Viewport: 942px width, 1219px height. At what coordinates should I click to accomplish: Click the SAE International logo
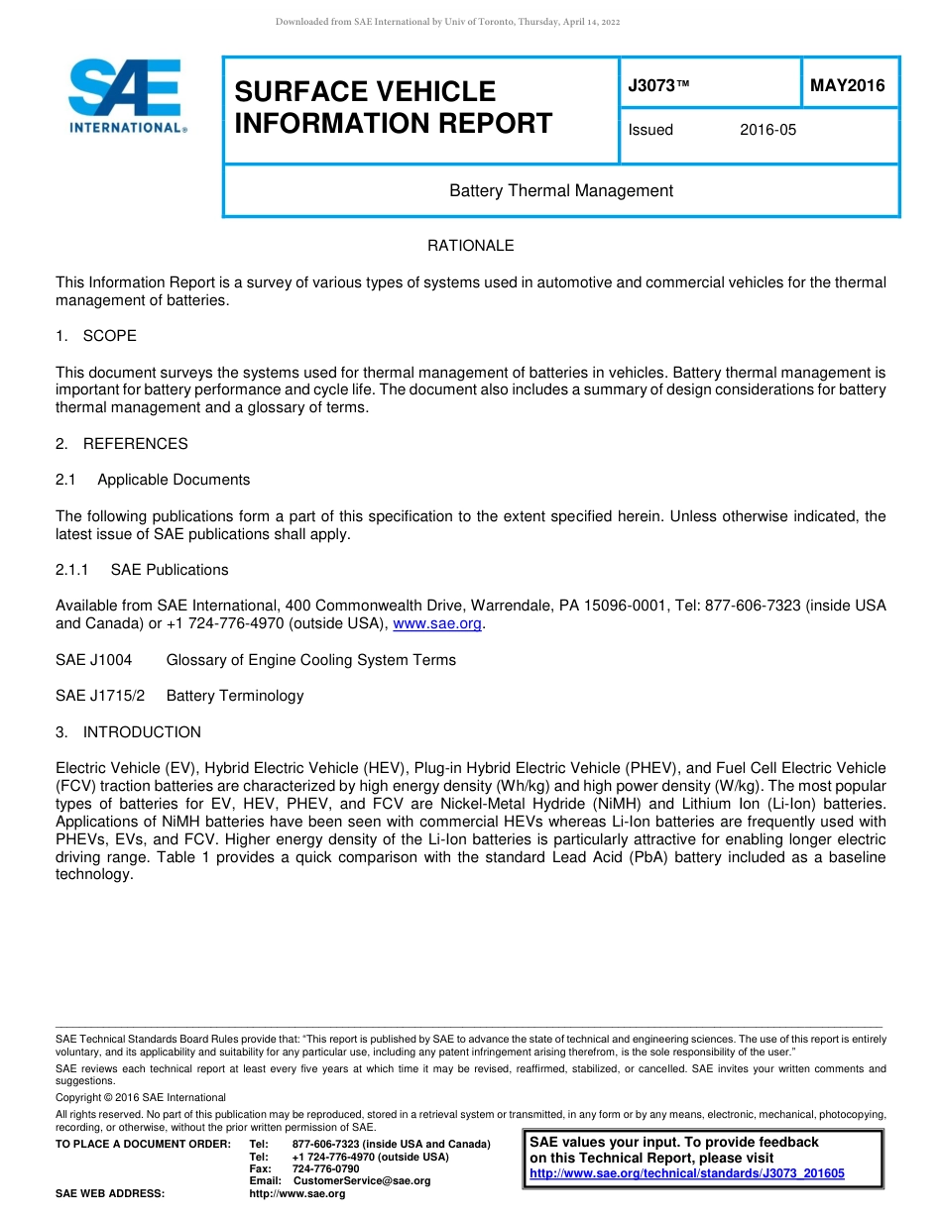tap(125, 96)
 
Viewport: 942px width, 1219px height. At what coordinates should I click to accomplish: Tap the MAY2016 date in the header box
tap(847, 86)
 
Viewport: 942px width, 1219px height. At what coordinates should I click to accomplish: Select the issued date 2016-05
tap(767, 130)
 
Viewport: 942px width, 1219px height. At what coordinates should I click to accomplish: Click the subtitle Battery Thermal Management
tap(561, 190)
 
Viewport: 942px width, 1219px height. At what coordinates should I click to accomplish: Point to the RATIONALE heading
tap(470, 246)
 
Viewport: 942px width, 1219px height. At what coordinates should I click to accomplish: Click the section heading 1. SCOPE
tap(96, 336)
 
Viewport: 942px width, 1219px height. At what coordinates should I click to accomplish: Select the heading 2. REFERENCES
tap(121, 444)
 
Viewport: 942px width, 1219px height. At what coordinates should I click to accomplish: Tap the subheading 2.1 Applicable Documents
tap(153, 480)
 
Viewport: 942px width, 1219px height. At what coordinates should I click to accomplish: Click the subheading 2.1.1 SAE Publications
tap(142, 570)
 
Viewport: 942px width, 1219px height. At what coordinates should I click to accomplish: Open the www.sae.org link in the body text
tap(437, 624)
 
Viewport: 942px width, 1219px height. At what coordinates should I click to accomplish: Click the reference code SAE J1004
tap(93, 660)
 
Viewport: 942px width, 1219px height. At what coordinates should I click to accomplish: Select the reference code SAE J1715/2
tap(100, 696)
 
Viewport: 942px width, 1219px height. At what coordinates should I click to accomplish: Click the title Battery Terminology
tap(235, 696)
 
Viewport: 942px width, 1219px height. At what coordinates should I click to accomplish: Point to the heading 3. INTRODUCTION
tap(128, 732)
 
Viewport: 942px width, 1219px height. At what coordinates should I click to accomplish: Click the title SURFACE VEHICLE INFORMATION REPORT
tap(393, 107)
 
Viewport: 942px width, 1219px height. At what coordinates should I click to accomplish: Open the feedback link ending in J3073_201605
tap(686, 1173)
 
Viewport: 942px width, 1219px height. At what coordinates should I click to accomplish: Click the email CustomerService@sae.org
tap(361, 1181)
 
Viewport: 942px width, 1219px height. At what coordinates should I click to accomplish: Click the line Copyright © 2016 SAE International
tap(141, 1098)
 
